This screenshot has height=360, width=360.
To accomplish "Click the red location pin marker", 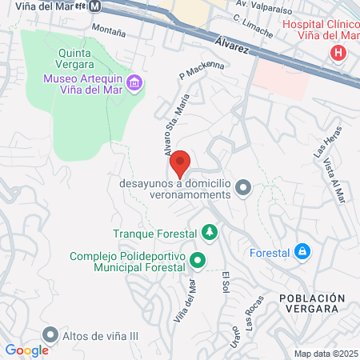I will click(181, 163).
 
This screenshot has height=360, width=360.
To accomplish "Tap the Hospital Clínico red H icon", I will click(338, 54).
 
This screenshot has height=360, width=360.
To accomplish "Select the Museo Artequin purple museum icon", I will click(134, 82).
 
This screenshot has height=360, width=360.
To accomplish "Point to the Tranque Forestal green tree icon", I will click(209, 233).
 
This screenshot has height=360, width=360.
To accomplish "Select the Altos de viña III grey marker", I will click(51, 334).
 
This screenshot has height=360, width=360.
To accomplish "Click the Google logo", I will click(26, 350).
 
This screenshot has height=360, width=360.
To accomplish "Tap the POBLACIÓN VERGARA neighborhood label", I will click(312, 305).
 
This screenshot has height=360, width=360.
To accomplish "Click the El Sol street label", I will click(226, 284).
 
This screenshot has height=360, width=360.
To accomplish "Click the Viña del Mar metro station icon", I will click(95, 6).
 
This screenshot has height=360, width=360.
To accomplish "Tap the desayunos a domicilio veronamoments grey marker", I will click(244, 188).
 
